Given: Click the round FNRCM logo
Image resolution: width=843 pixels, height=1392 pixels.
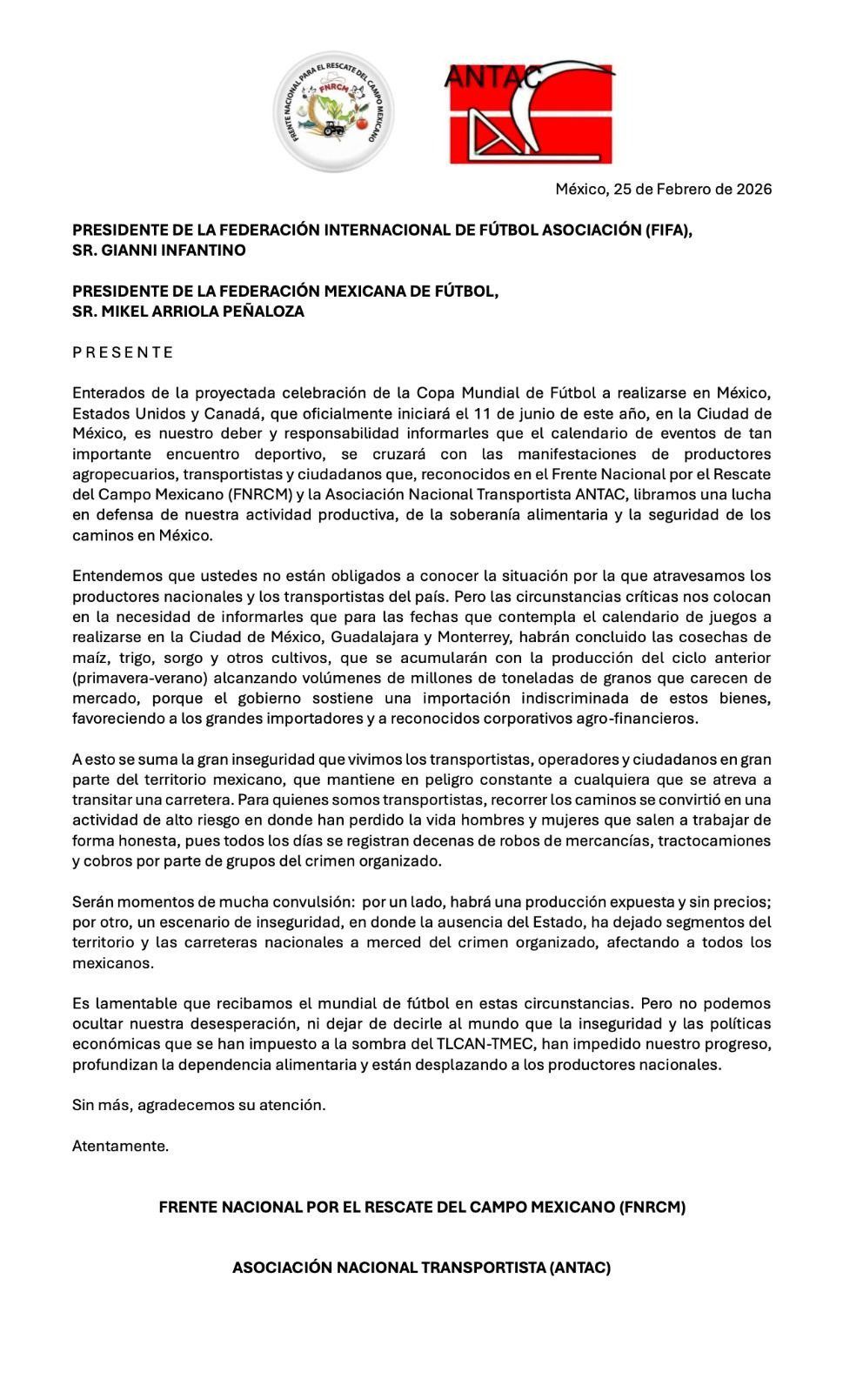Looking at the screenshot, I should (334, 110).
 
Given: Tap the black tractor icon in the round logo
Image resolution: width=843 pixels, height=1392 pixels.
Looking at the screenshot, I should (334, 129).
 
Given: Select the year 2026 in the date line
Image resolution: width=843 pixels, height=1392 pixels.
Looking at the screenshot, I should (753, 189).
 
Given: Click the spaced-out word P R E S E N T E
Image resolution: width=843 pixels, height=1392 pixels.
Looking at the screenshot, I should (123, 352).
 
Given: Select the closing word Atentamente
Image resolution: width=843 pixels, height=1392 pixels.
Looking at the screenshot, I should (120, 1146).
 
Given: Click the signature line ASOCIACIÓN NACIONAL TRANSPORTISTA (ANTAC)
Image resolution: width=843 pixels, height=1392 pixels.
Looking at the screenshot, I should (421, 1268).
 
